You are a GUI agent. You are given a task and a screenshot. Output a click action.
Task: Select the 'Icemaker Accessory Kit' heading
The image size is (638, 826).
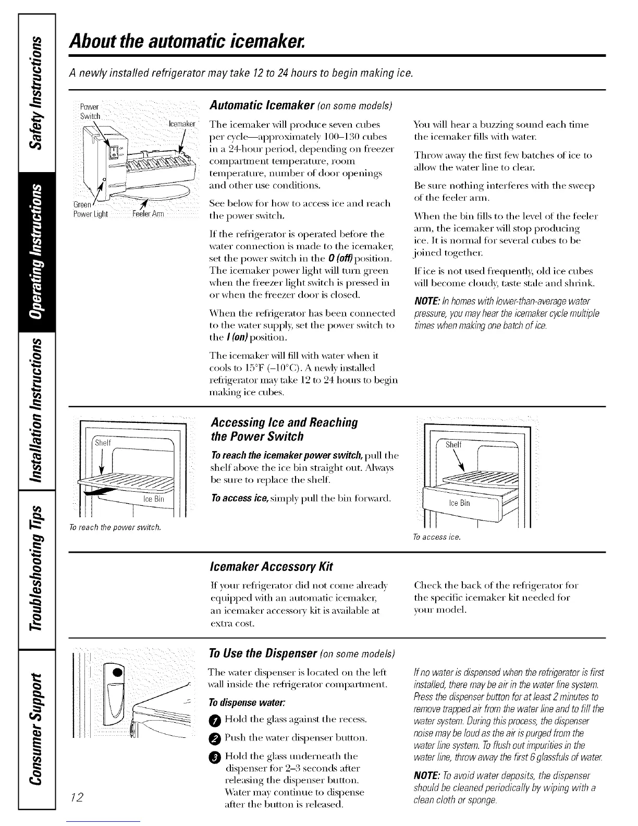point(271,566)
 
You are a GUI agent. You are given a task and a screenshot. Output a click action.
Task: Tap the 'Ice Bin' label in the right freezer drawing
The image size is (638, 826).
point(459,503)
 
